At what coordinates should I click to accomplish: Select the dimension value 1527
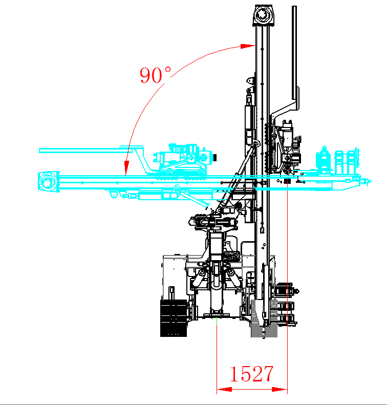(251, 374)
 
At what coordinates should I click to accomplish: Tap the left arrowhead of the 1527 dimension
(221, 390)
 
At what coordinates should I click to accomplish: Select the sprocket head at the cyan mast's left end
(48, 182)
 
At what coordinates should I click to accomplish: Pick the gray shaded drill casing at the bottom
(264, 320)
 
